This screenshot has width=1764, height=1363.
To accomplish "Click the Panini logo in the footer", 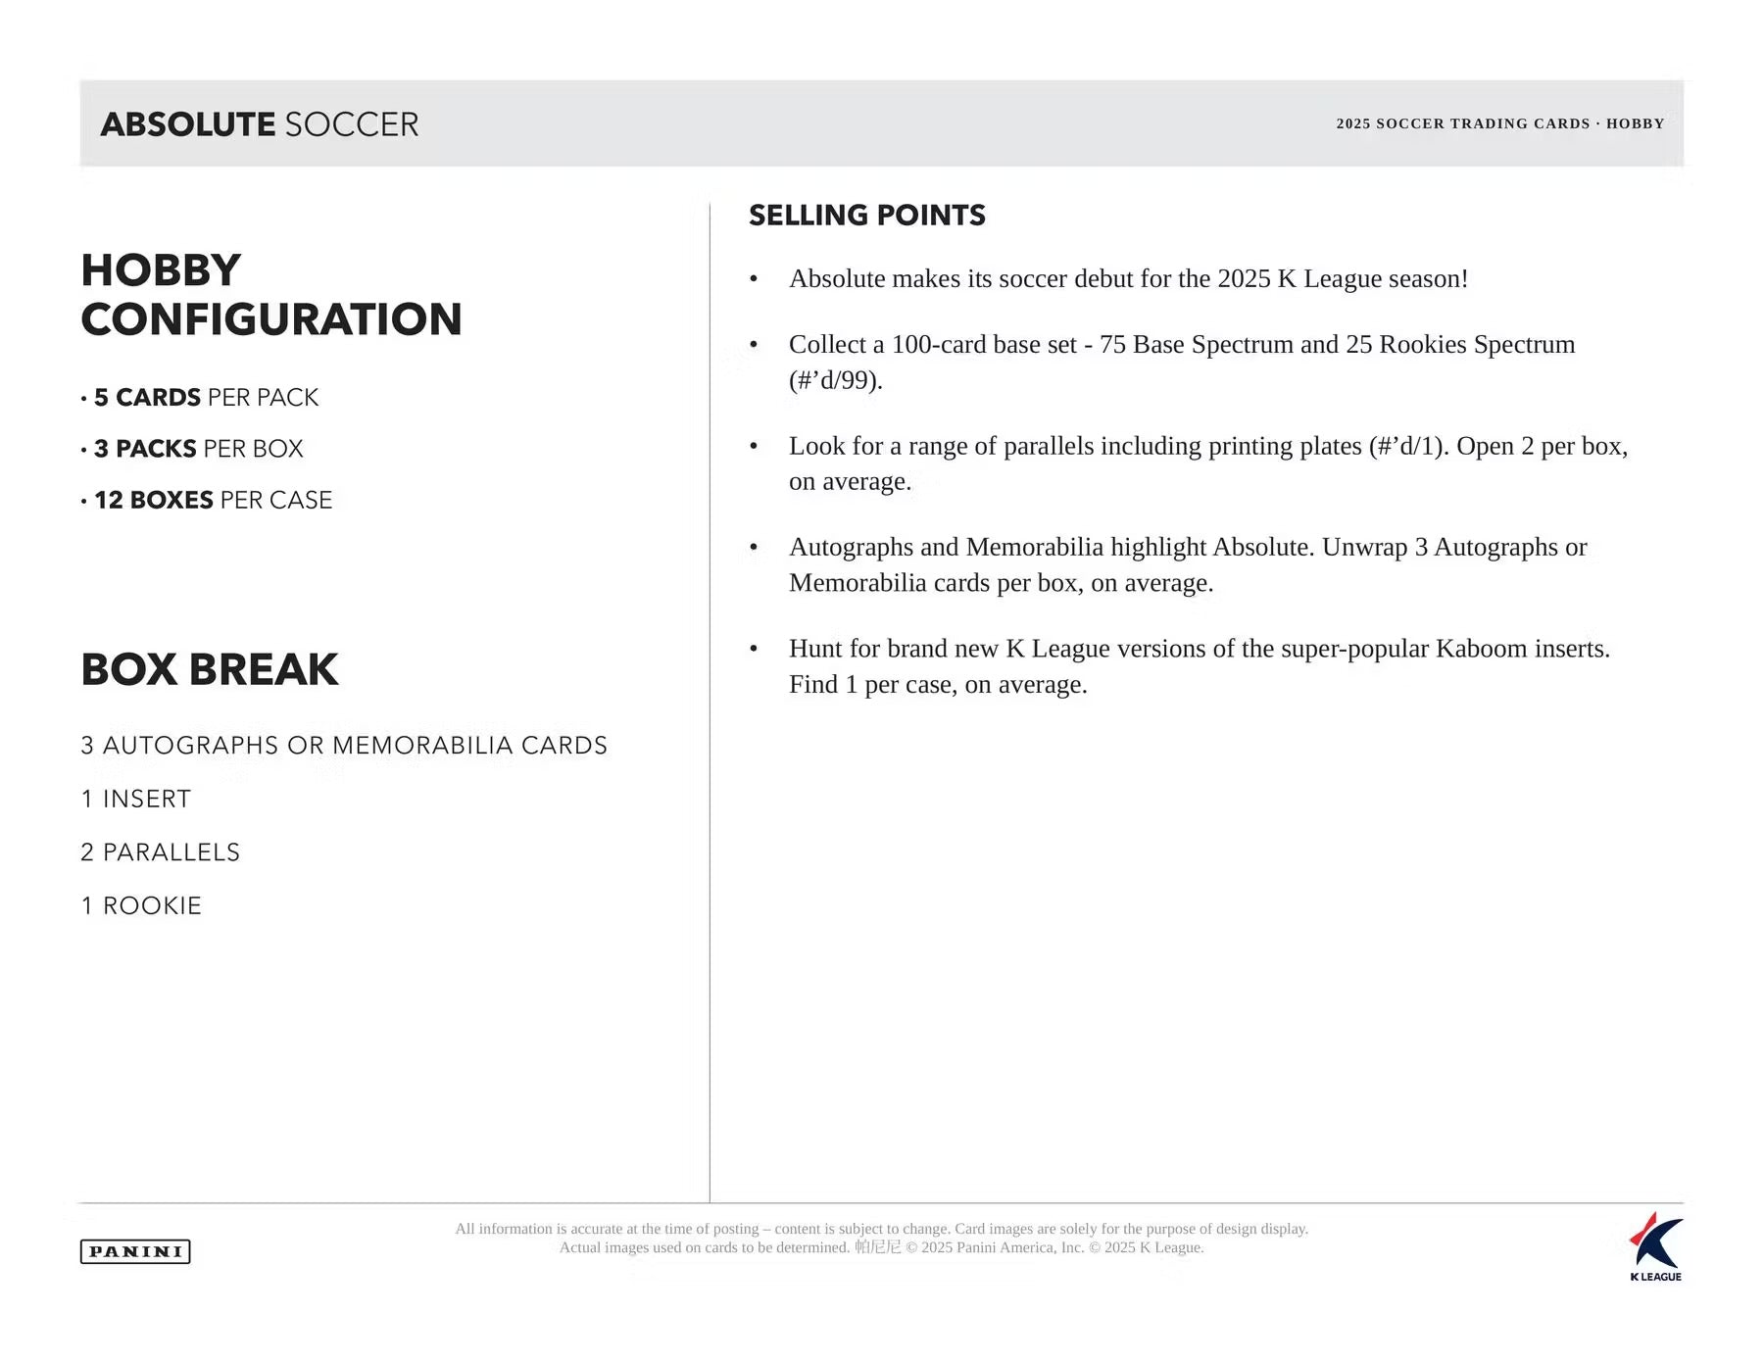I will tap(135, 1251).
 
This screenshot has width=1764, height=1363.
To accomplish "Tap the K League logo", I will tap(1655, 1245).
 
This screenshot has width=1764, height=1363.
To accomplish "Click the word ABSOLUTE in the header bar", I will tap(188, 124).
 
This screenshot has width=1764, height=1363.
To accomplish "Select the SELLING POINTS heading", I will tap(866, 216).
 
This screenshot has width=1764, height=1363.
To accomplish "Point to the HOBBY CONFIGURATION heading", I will tap(270, 295).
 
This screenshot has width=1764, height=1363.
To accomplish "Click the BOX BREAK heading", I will tap(210, 670).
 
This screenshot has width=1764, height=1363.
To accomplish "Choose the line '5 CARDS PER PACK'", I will tap(206, 398).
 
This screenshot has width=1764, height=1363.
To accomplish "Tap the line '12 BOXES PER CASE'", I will tap(213, 501).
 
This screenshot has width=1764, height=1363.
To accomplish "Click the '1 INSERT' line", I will tap(136, 800).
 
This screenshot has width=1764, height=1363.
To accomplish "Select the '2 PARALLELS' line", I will tap(161, 852).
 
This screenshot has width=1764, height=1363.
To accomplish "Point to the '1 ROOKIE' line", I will tap(141, 906).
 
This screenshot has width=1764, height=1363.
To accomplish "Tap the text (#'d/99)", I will tap(835, 380).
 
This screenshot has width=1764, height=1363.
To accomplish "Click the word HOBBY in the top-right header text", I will tap(1635, 123).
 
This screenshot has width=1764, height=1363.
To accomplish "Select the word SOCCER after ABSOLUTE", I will tap(352, 124).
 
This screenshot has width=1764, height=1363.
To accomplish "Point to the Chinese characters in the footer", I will tap(877, 1247).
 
